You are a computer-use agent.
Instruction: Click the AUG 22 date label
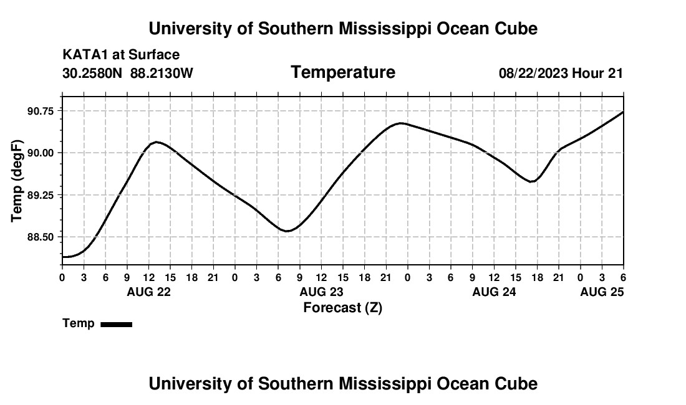[x=148, y=292]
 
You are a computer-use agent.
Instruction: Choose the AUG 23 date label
[x=321, y=292]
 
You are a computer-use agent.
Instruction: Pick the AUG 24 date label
[x=494, y=292]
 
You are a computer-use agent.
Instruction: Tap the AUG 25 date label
[x=602, y=292]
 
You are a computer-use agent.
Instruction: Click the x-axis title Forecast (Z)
[x=342, y=307]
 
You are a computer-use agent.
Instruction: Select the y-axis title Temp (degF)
[x=17, y=181]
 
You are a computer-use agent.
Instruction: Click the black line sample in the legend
[x=116, y=324]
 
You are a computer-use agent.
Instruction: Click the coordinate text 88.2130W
[x=162, y=73]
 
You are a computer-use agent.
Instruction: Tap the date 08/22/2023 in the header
[x=533, y=73]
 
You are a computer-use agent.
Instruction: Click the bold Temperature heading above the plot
[x=343, y=72]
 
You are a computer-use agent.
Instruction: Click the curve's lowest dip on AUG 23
[x=287, y=231]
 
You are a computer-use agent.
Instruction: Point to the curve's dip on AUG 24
[x=531, y=181]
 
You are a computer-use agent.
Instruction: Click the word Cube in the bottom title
[x=519, y=383]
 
